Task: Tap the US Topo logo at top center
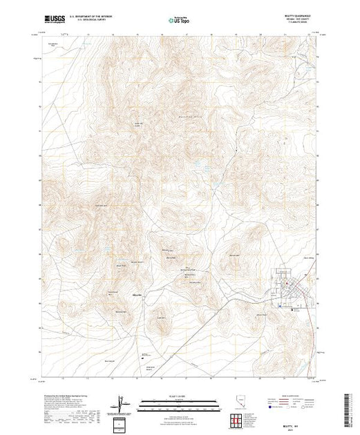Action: tap(180, 21)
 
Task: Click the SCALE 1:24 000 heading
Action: tap(166, 398)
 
